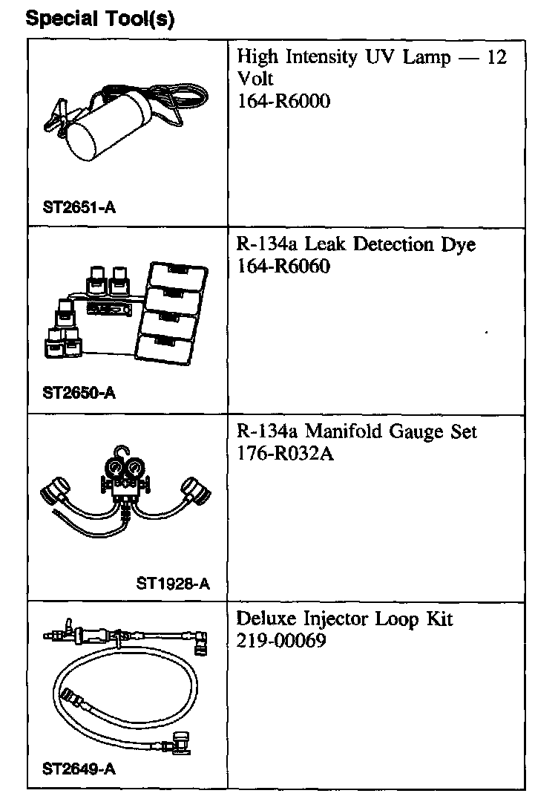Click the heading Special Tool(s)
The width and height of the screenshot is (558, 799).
point(100,19)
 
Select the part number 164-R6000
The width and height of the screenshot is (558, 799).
point(283,100)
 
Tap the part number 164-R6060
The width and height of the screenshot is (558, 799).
point(283,266)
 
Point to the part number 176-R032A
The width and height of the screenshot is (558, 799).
point(285,453)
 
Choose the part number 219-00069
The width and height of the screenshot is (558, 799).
point(281,640)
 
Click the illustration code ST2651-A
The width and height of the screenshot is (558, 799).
point(79,207)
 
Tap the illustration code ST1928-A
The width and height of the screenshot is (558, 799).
point(173,583)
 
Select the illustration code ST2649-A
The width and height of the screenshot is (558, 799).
point(79,769)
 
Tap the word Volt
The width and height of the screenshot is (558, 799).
point(255,79)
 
